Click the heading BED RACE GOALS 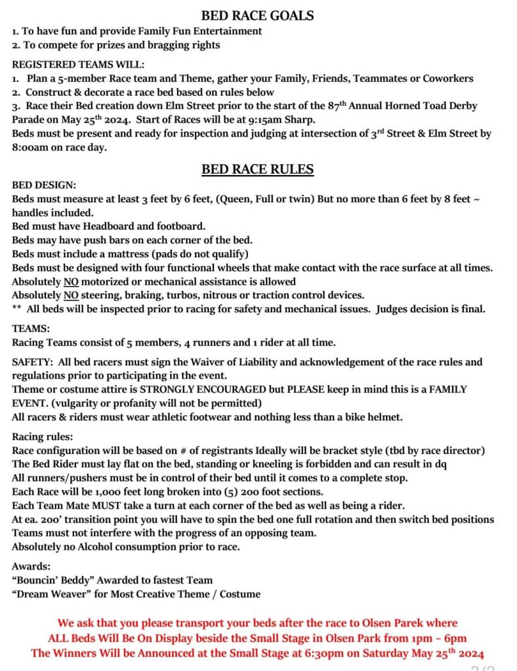coord(257,15)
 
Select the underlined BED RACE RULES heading coord(257,169)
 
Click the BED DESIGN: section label coord(44,186)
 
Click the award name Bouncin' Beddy coord(55,580)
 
